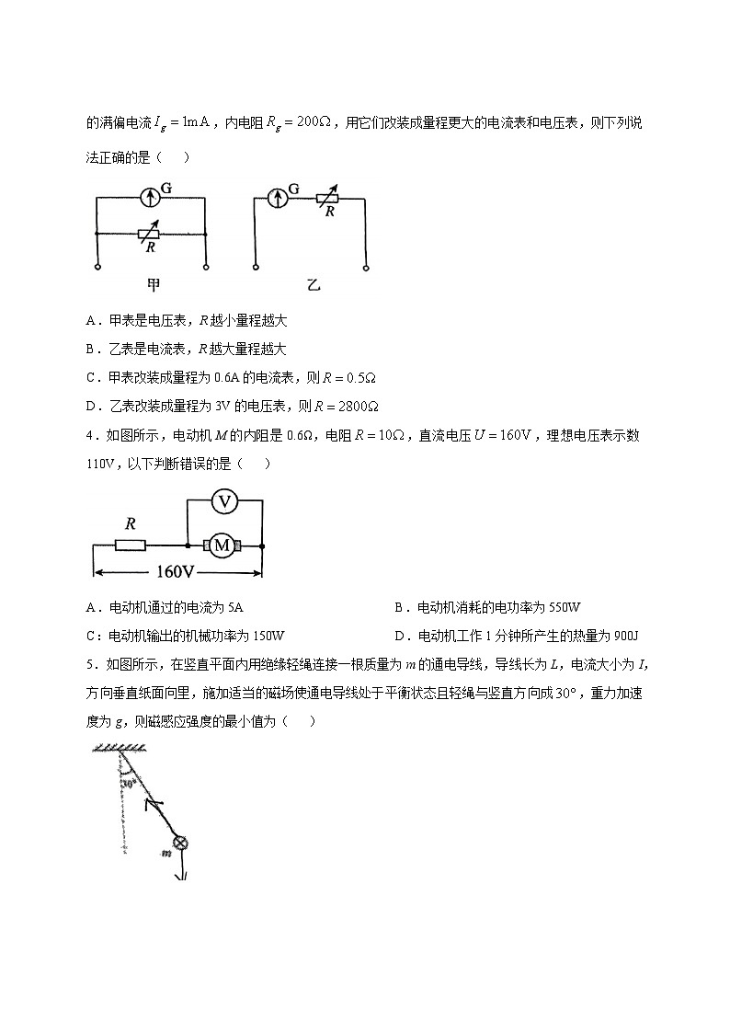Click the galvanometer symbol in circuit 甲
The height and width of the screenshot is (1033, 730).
[x=150, y=197]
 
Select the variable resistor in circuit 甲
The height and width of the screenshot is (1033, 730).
[x=150, y=234]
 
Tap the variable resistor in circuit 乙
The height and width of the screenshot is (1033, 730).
[x=326, y=197]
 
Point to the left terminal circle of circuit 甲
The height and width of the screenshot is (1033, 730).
[x=97, y=268]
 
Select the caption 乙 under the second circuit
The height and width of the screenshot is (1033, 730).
[x=313, y=285]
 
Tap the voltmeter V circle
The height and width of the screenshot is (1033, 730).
[x=223, y=500]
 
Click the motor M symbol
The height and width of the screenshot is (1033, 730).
[x=222, y=545]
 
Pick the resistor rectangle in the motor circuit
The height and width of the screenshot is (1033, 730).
[x=130, y=545]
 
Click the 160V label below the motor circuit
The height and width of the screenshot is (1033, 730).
[x=176, y=572]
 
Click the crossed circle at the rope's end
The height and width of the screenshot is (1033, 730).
[x=180, y=843]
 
